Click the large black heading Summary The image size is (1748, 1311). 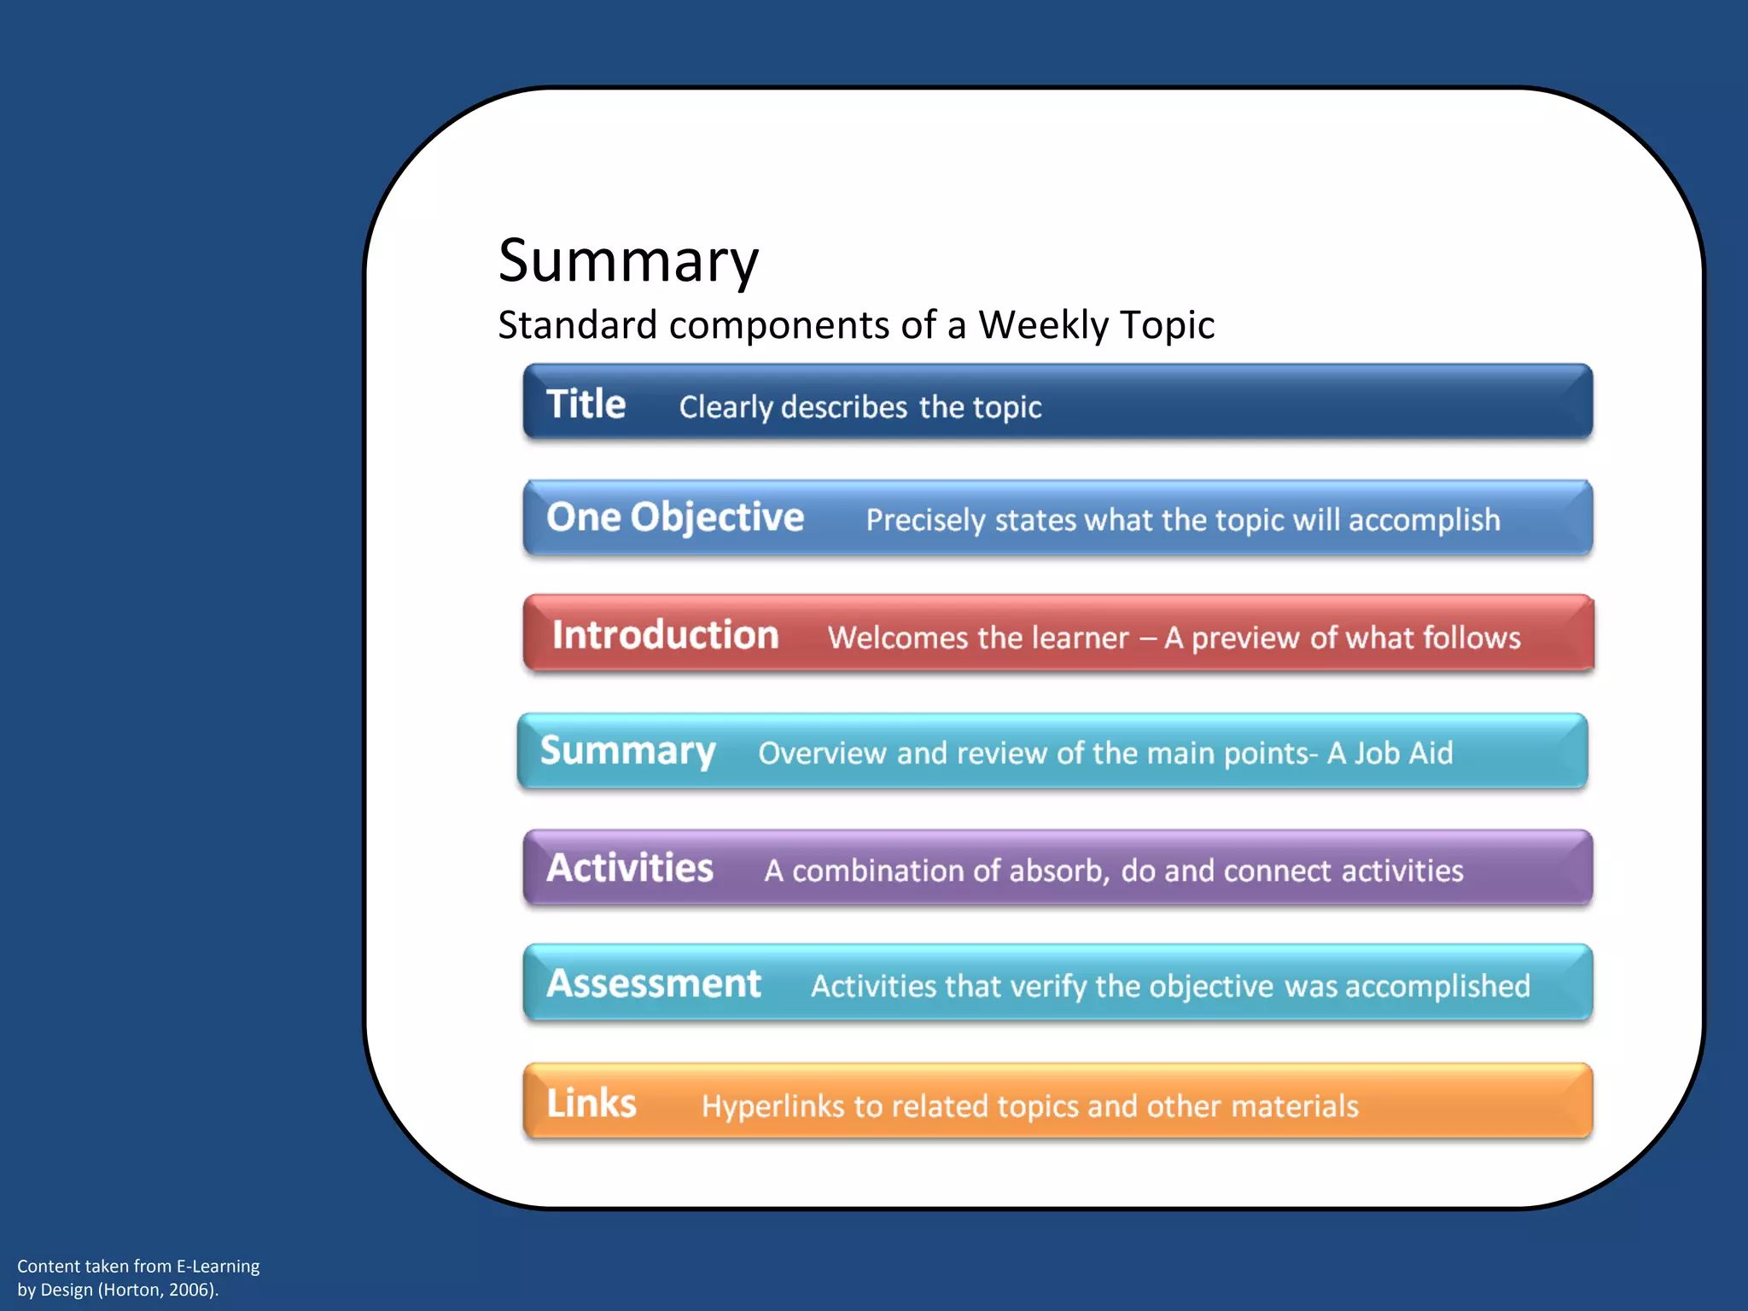point(628,261)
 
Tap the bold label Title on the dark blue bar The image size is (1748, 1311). point(586,404)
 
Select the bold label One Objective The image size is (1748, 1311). point(675,517)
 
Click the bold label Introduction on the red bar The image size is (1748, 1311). point(665,635)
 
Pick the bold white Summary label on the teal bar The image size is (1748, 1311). point(627,752)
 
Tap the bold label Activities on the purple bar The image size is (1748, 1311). point(630,868)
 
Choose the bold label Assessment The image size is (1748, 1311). point(654,983)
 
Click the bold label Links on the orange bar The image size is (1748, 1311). point(591,1103)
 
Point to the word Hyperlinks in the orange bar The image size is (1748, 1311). point(772,1106)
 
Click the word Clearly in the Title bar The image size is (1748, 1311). point(725,408)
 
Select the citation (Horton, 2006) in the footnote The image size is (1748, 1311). point(158,1290)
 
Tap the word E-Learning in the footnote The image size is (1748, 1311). point(218,1267)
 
